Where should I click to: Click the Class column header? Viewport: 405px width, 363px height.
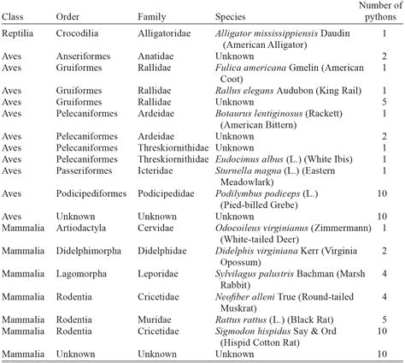point(18,16)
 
